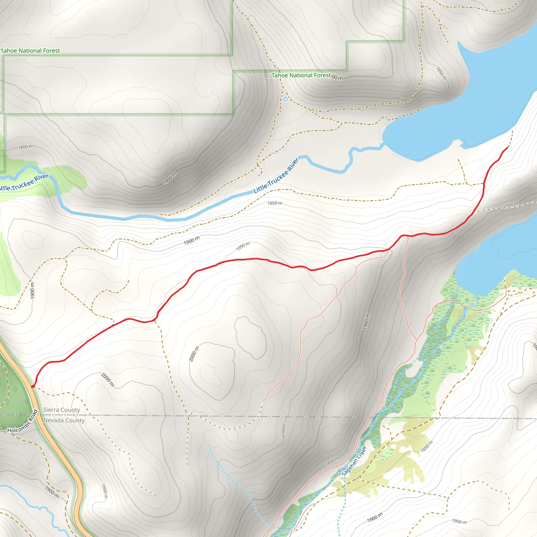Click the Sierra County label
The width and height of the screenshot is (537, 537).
click(x=61, y=410)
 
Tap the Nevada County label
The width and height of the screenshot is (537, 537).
click(x=64, y=421)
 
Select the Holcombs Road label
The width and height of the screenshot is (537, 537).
click(x=22, y=422)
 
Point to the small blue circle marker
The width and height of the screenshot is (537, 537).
click(x=286, y=99)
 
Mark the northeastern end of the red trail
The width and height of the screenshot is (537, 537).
click(x=508, y=148)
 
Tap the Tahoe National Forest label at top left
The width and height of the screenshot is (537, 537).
click(x=30, y=51)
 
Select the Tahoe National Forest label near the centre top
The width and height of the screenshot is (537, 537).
click(x=301, y=75)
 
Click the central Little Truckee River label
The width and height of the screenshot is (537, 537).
click(x=276, y=176)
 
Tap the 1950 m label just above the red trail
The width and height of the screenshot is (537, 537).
click(x=243, y=246)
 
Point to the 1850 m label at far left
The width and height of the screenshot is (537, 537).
click(x=26, y=147)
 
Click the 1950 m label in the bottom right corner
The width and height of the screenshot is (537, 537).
click(x=459, y=522)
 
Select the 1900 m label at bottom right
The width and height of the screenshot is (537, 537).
click(x=375, y=517)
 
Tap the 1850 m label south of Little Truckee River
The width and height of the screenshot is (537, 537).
click(x=275, y=203)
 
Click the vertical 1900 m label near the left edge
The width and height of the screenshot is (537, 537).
click(x=33, y=291)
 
